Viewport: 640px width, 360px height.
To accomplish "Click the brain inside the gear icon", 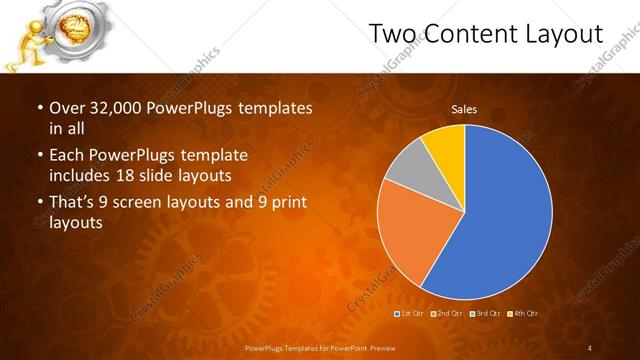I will click(x=77, y=26).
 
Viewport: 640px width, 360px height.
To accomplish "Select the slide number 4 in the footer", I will click(x=590, y=347).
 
